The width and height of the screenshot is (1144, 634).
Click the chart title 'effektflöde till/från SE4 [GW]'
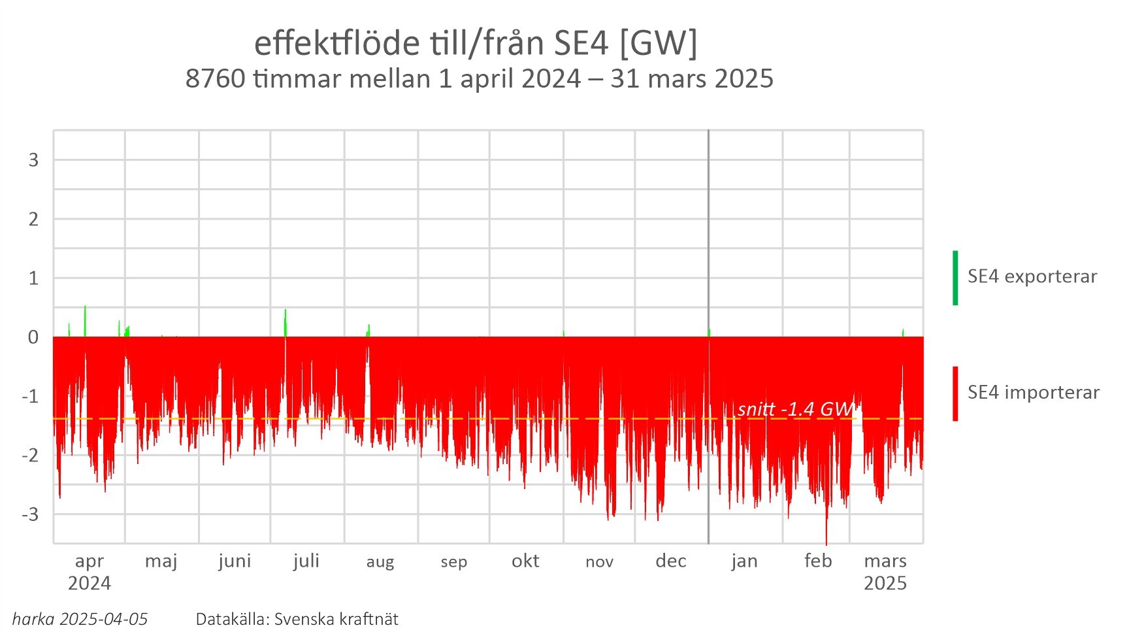pos(476,43)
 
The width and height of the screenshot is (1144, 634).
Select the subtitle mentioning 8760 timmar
pos(479,78)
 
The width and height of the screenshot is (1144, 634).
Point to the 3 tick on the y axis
pos(33,160)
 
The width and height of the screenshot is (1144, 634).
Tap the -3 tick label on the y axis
pos(30,514)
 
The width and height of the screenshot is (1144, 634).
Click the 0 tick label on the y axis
pos(33,337)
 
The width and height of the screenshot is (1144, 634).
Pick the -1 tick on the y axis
pos(30,396)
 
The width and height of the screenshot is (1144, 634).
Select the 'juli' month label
pos(306,561)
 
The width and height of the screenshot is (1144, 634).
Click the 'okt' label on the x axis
pos(525,561)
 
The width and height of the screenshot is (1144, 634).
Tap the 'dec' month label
pos(670,561)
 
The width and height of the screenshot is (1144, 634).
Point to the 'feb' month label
pos(818,561)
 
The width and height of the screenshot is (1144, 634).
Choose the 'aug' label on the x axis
pos(380,562)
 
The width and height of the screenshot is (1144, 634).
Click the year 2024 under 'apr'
pos(90,583)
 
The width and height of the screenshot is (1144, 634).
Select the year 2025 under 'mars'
pos(885,583)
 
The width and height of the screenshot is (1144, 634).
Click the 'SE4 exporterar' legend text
pos(1032,276)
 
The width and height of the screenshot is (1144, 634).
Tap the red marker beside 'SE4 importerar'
pos(955,393)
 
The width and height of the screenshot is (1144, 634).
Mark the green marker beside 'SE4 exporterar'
pos(955,278)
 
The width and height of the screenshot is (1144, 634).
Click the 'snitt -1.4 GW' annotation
pos(795,409)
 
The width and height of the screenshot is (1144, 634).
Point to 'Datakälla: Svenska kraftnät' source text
pos(297,619)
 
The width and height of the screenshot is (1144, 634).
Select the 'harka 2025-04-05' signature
pos(80,619)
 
